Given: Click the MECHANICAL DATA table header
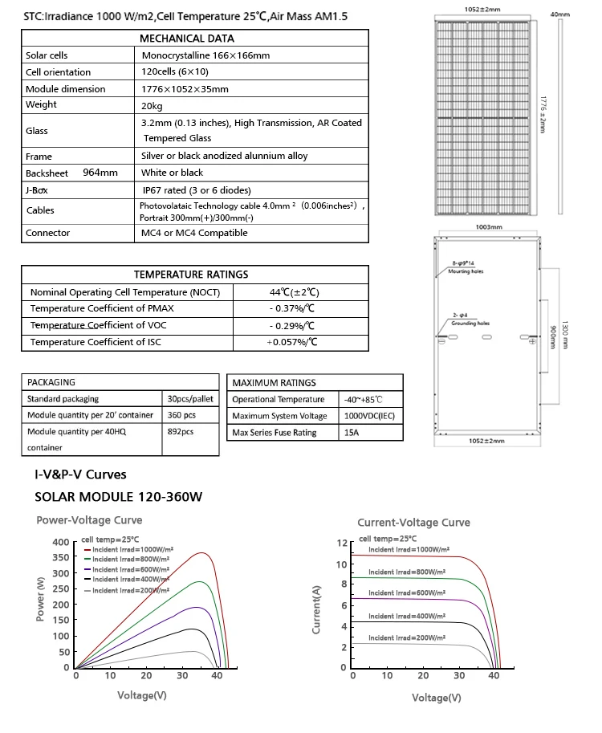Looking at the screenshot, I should pyautogui.click(x=186, y=38).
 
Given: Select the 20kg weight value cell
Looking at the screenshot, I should pyautogui.click(x=152, y=105).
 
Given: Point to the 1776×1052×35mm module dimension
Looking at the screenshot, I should pyautogui.click(x=185, y=89).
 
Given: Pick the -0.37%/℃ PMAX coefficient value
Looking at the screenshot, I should pyautogui.click(x=292, y=308).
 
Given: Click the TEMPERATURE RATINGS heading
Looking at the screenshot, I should pyautogui.click(x=191, y=275).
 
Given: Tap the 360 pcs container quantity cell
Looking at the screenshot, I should pyautogui.click(x=181, y=416).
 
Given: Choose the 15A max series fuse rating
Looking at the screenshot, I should pyautogui.click(x=352, y=433).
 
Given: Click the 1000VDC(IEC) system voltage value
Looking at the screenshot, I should pyautogui.click(x=370, y=416).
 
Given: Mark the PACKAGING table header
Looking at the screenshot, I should pyautogui.click(x=51, y=382).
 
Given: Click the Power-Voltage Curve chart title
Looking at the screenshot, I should pyautogui.click(x=89, y=520).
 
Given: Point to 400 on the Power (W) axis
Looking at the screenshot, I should pyautogui.click(x=60, y=543).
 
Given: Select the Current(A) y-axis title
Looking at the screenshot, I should pyautogui.click(x=316, y=610).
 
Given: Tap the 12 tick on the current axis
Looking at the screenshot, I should pyautogui.click(x=342, y=544).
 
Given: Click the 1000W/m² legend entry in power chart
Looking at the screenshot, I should pyautogui.click(x=131, y=549).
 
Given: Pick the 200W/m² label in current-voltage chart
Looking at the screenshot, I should pyautogui.click(x=407, y=637).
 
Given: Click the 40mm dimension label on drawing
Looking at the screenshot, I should pyautogui.click(x=559, y=14).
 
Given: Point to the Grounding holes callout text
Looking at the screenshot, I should pyautogui.click(x=470, y=323).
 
